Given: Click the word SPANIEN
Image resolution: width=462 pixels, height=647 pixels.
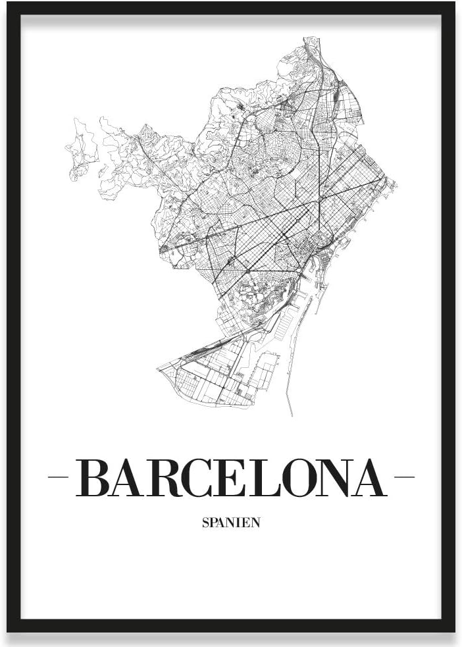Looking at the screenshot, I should tap(230, 523).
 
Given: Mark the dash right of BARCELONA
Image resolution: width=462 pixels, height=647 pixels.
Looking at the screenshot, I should tap(403, 477).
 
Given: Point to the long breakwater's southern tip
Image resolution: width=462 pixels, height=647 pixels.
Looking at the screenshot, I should tap(290, 414).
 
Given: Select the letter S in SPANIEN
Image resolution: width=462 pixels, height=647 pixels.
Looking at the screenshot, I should tap(205, 523).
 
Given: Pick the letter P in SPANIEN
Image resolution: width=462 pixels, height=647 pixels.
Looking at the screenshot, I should tap(213, 523).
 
